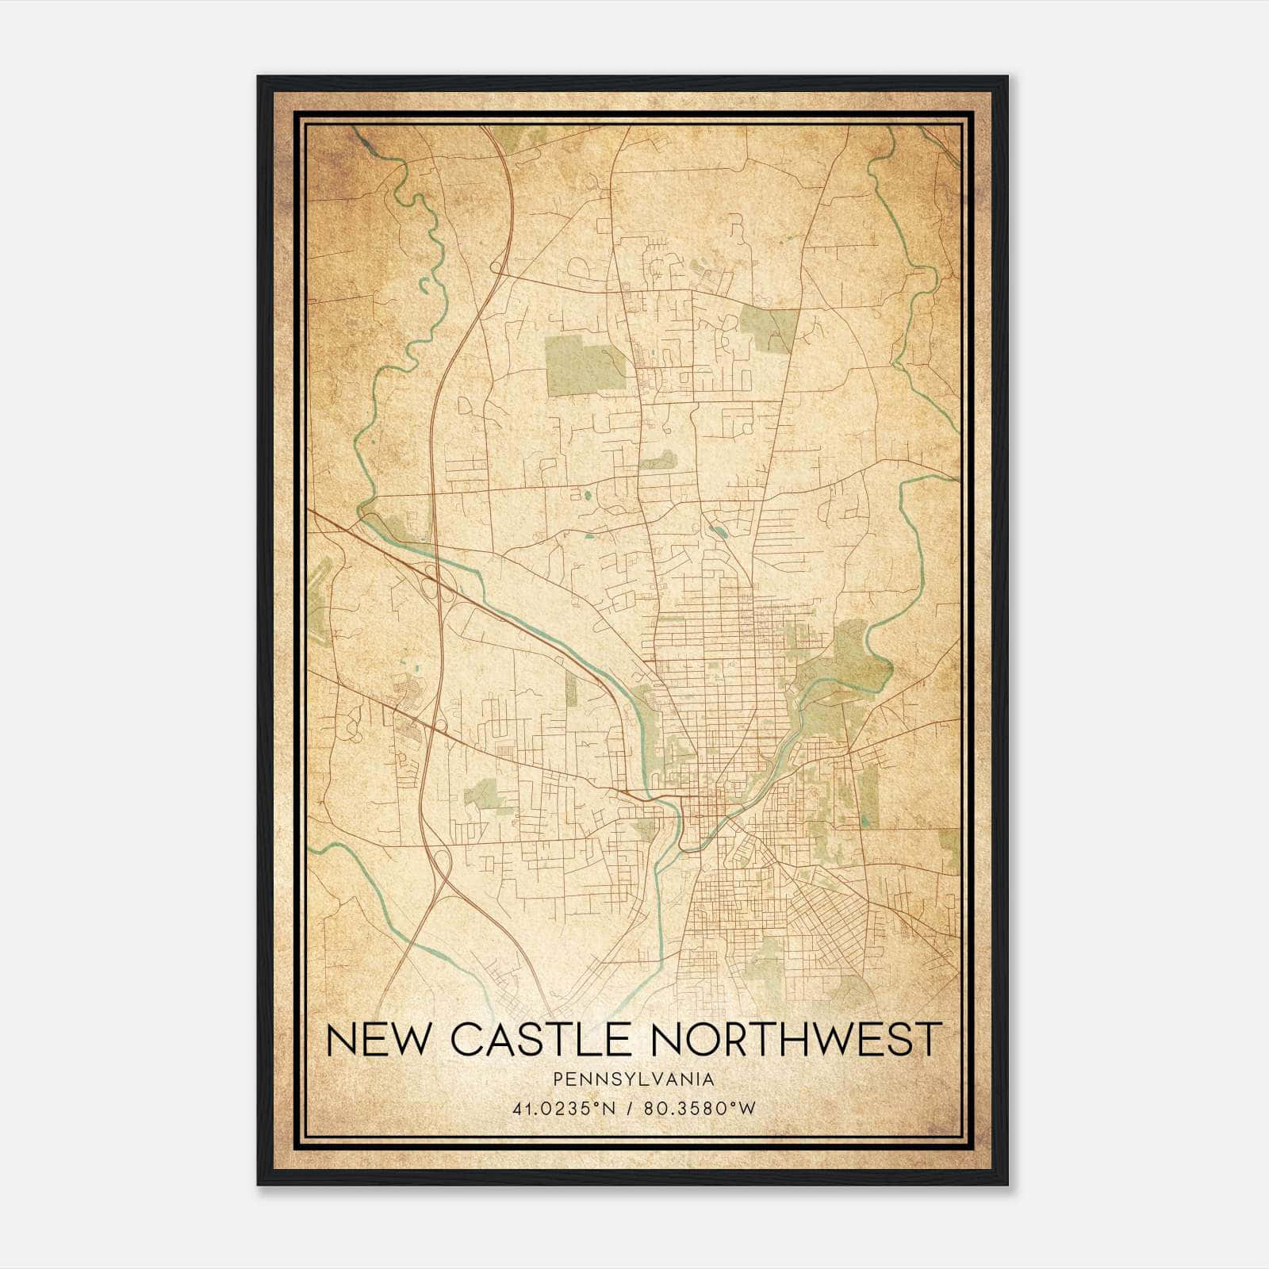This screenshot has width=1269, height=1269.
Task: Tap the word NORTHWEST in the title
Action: pyautogui.click(x=796, y=1039)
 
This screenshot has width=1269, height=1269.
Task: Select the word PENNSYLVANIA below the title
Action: pyautogui.click(x=634, y=1079)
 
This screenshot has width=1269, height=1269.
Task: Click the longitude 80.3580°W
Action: pyautogui.click(x=699, y=1109)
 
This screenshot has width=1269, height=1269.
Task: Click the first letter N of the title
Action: pyautogui.click(x=339, y=1039)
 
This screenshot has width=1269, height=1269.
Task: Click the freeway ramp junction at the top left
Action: pyautogui.click(x=498, y=267)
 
